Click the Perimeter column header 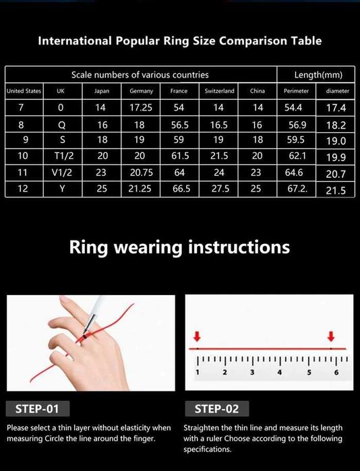297,91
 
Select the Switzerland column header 220,91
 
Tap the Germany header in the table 142,91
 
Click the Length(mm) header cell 318,75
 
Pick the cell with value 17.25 142,108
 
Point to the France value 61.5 179,156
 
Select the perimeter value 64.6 297,173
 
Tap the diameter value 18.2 336,125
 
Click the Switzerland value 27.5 220,189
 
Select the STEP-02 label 216,408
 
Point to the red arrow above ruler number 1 197,336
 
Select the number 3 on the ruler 252,372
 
